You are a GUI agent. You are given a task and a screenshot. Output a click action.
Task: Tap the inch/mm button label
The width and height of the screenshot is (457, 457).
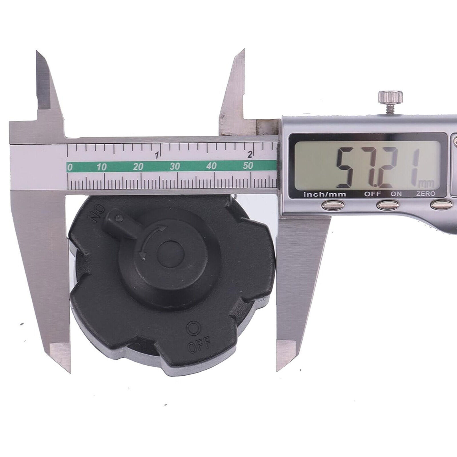325,195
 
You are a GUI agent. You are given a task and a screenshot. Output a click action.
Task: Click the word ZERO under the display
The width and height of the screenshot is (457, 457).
426,194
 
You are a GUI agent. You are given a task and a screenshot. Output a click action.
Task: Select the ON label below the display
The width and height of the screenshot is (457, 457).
396,194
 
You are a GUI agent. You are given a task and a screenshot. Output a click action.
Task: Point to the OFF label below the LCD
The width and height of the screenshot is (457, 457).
372,194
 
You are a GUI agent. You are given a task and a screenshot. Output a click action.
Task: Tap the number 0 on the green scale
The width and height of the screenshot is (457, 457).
69,167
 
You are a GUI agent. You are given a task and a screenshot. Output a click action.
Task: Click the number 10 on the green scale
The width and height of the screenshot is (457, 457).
102,167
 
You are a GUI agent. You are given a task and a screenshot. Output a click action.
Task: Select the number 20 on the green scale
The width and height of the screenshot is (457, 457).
138,167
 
